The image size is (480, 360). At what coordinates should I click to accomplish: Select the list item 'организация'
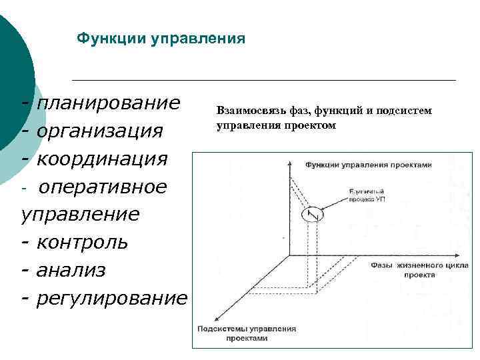tap(99, 131)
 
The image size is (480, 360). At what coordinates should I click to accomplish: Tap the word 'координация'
tap(102, 159)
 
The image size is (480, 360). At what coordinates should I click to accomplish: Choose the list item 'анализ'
tap(71, 270)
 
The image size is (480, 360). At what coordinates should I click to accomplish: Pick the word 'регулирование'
tap(111, 298)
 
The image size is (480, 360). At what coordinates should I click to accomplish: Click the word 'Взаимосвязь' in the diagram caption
tap(246, 110)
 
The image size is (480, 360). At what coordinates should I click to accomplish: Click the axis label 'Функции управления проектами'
tap(369, 164)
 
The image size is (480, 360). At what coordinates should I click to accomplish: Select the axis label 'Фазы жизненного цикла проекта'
tap(408, 269)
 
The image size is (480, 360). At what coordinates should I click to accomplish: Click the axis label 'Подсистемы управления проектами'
tap(246, 333)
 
